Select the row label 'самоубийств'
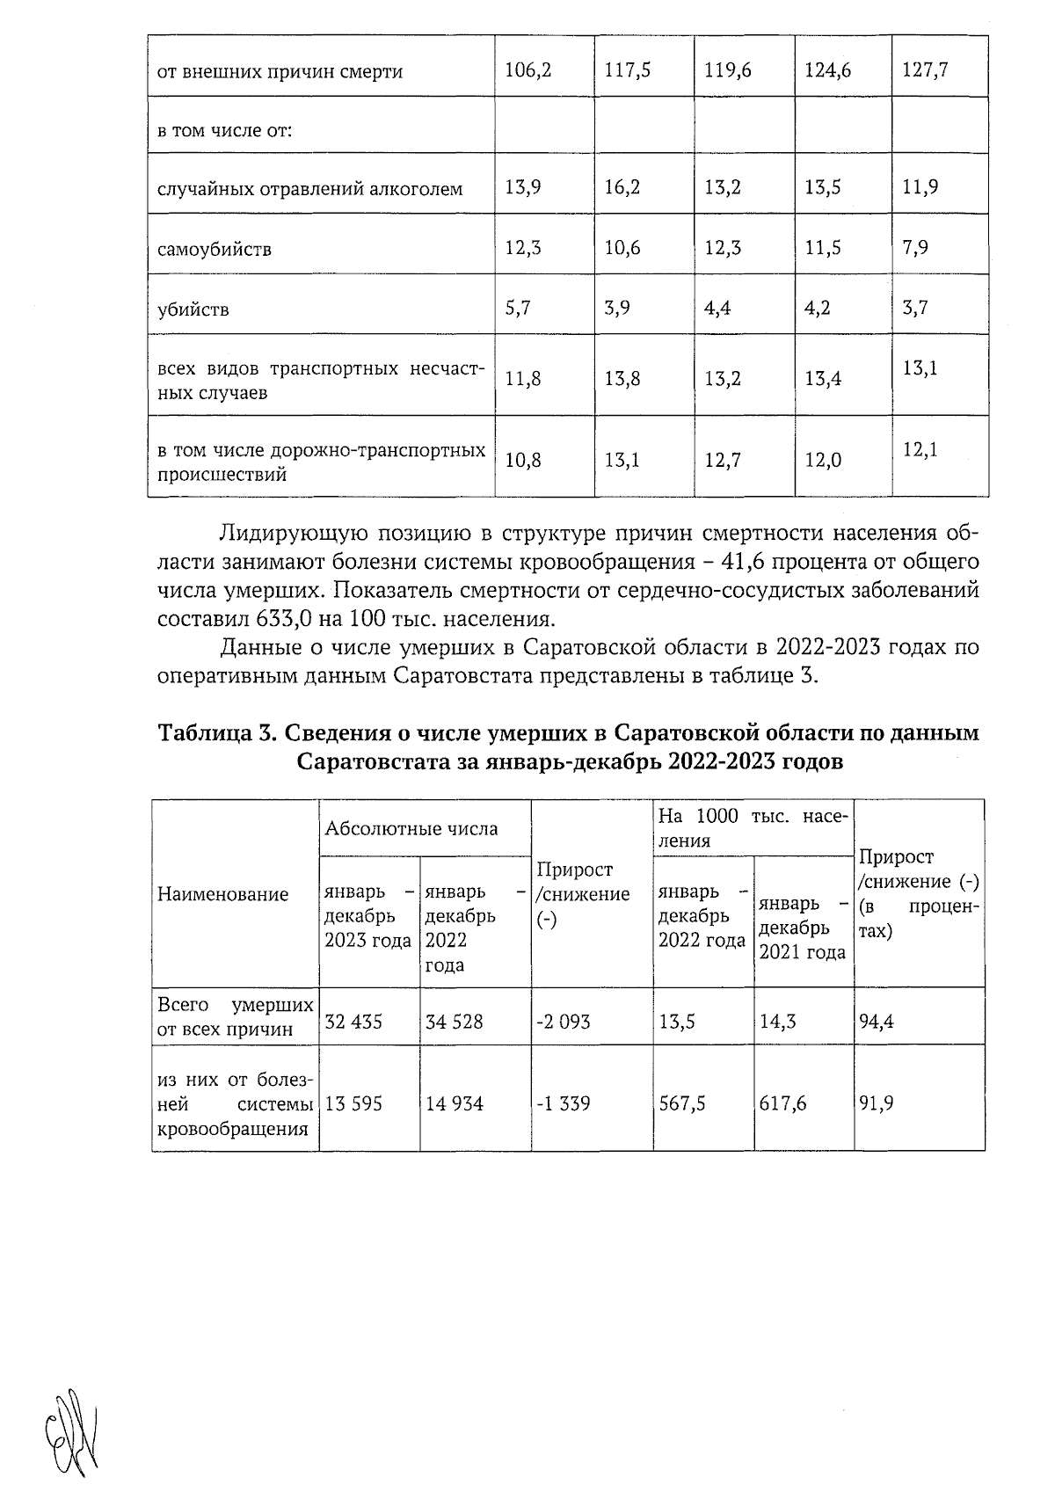[x=214, y=250]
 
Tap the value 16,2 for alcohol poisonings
[x=622, y=188]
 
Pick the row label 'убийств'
[x=193, y=309]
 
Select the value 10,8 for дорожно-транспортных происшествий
[x=522, y=460]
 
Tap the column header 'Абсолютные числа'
[x=411, y=828]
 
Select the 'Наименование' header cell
[x=222, y=895]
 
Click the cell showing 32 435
[x=353, y=1022]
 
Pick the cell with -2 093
[x=563, y=1022]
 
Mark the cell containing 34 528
[x=454, y=1022]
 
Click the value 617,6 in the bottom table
[x=782, y=1103]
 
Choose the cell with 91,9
[x=877, y=1103]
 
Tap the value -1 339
[x=563, y=1103]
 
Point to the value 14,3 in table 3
[x=777, y=1022]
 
